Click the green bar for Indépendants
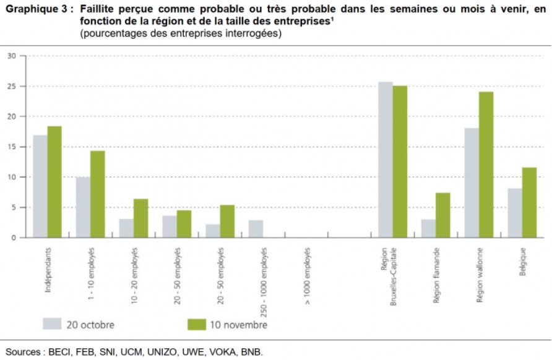(x=55, y=182)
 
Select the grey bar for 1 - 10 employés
(x=83, y=207)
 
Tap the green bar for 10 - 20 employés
(x=140, y=218)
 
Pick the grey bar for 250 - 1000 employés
(x=256, y=229)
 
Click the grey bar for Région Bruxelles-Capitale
(x=386, y=160)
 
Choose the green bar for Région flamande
(x=443, y=215)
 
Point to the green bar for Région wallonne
(x=486, y=165)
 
